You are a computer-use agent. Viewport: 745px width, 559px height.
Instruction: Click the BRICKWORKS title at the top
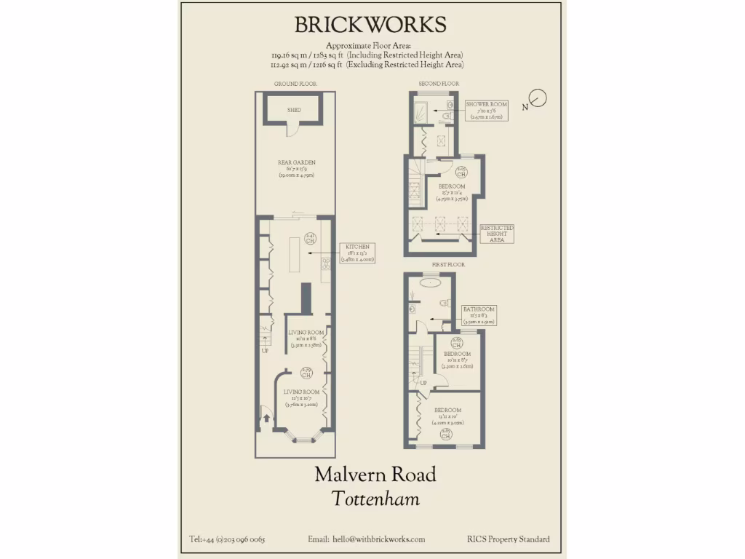(x=370, y=25)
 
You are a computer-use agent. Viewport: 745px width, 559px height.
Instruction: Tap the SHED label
(x=294, y=110)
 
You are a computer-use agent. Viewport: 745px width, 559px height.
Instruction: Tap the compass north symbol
(x=538, y=98)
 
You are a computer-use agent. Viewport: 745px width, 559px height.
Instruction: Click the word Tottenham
(x=375, y=499)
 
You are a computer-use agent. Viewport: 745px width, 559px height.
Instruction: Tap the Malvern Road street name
(x=375, y=475)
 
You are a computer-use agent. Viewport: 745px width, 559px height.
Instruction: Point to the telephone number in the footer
(x=227, y=539)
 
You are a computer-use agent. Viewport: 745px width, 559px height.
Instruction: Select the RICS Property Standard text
(x=509, y=539)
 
